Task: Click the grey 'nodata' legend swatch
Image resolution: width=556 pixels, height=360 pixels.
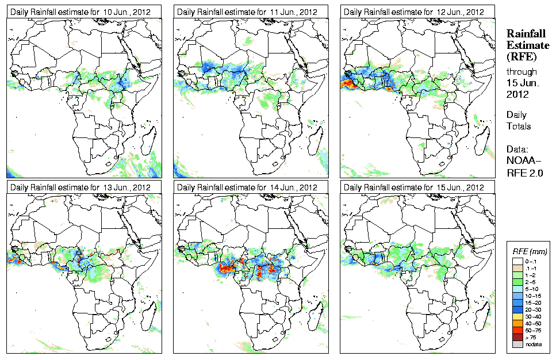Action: (517, 344)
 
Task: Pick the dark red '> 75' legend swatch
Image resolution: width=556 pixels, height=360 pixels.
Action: (517, 338)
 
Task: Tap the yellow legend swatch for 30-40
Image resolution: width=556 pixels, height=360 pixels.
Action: (517, 316)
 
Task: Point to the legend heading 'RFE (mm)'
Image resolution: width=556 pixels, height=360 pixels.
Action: (530, 251)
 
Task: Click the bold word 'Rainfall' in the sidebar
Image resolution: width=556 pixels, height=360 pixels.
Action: (526, 34)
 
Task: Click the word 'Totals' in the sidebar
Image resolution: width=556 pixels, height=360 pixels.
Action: (519, 126)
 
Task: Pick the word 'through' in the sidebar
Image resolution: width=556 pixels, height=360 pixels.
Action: (522, 72)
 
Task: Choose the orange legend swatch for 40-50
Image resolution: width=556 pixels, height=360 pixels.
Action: (517, 323)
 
